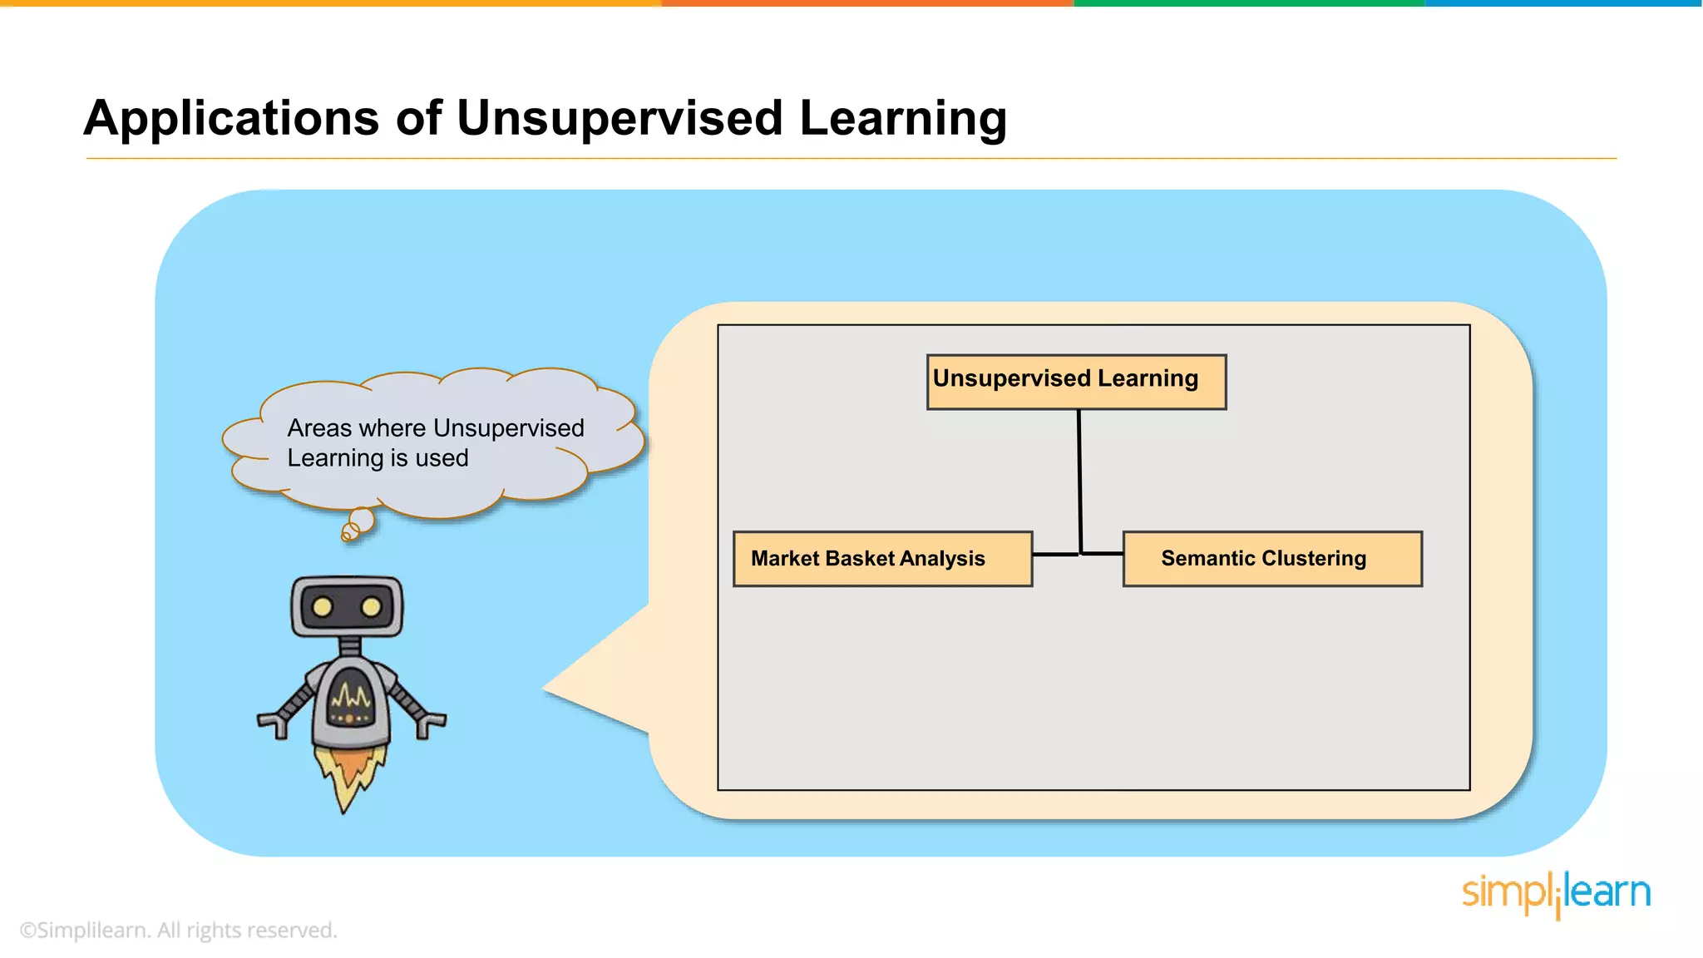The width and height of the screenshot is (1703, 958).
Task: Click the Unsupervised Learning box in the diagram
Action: pyautogui.click(x=1076, y=382)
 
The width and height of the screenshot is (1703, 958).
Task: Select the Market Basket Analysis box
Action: pyautogui.click(x=882, y=559)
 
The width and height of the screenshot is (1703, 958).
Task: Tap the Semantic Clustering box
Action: pyautogui.click(x=1271, y=559)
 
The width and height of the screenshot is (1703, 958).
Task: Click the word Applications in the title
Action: pyautogui.click(x=231, y=117)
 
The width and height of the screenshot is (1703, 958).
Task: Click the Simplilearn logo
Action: pyautogui.click(x=1556, y=894)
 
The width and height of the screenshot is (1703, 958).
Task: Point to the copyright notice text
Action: pyautogui.click(x=178, y=930)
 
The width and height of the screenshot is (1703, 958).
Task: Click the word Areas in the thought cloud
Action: pyautogui.click(x=319, y=428)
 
